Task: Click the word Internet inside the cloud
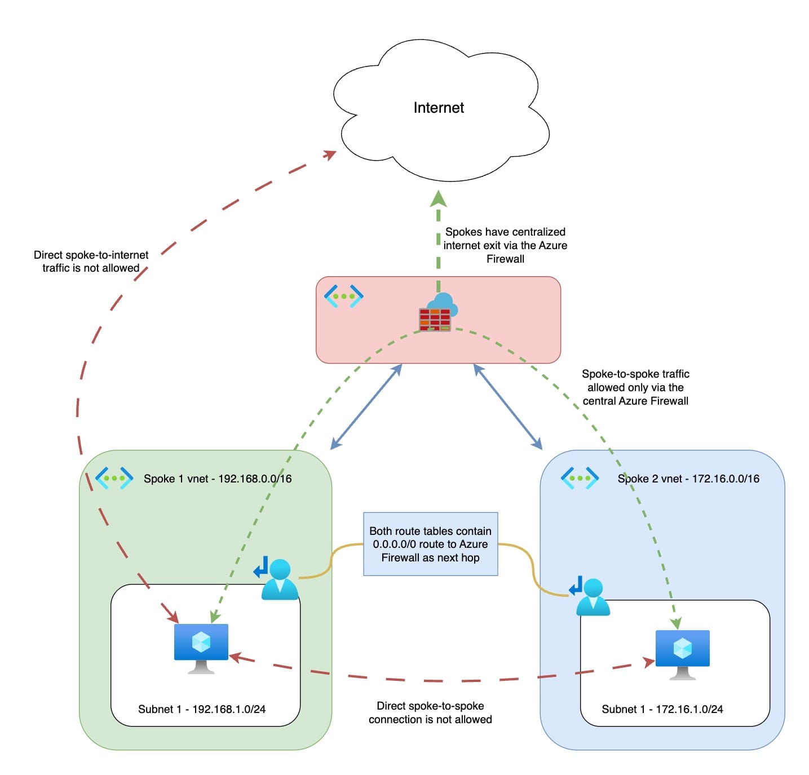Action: coord(438,108)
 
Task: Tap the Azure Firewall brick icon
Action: coord(435,319)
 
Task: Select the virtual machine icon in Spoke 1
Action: coord(201,647)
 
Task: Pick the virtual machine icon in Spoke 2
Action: coord(682,653)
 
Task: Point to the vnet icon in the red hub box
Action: coord(343,296)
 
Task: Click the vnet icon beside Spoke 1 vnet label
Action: coord(114,478)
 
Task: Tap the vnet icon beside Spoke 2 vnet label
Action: coord(580,478)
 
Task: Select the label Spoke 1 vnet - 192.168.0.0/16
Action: coord(218,479)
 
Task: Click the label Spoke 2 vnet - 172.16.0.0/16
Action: coord(688,479)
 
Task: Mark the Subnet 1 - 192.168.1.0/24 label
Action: coord(202,709)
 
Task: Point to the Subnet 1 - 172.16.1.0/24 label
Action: coord(662,709)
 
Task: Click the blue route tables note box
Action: coord(430,544)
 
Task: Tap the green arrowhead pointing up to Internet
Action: coord(439,199)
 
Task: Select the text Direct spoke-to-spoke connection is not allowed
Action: coord(430,712)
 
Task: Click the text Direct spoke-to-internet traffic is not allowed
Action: coord(91,262)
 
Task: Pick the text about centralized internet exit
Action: coord(505,245)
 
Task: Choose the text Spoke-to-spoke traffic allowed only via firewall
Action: coord(635,387)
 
